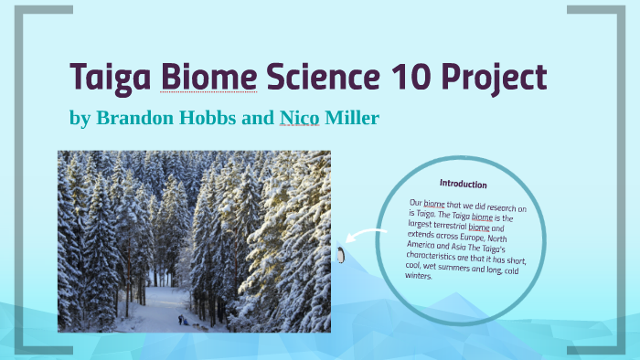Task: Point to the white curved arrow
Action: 366,238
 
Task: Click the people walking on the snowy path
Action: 186,320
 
